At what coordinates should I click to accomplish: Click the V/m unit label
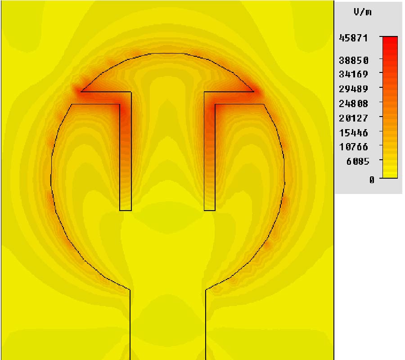(363, 12)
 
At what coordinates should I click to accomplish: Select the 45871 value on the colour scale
(353, 38)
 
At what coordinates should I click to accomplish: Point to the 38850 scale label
(354, 60)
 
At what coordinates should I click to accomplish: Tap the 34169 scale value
(353, 74)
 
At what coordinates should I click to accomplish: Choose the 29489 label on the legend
(353, 89)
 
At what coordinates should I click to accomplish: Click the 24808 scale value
(353, 103)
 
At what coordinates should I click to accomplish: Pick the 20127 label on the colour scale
(353, 118)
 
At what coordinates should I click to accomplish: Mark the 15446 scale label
(353, 133)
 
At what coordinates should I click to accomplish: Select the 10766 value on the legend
(353, 147)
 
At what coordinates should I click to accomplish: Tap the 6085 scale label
(358, 162)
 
